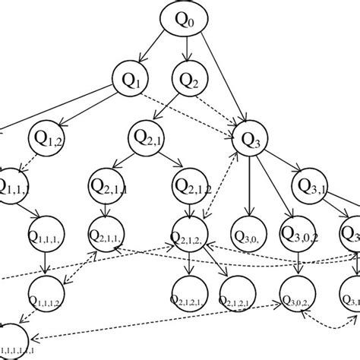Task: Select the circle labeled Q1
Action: (x=131, y=79)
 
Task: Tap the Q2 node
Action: (x=189, y=79)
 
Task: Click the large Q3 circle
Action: (x=251, y=138)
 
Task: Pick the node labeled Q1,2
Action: (x=48, y=138)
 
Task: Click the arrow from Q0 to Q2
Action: (x=188, y=50)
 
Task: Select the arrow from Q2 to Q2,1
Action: (x=171, y=107)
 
